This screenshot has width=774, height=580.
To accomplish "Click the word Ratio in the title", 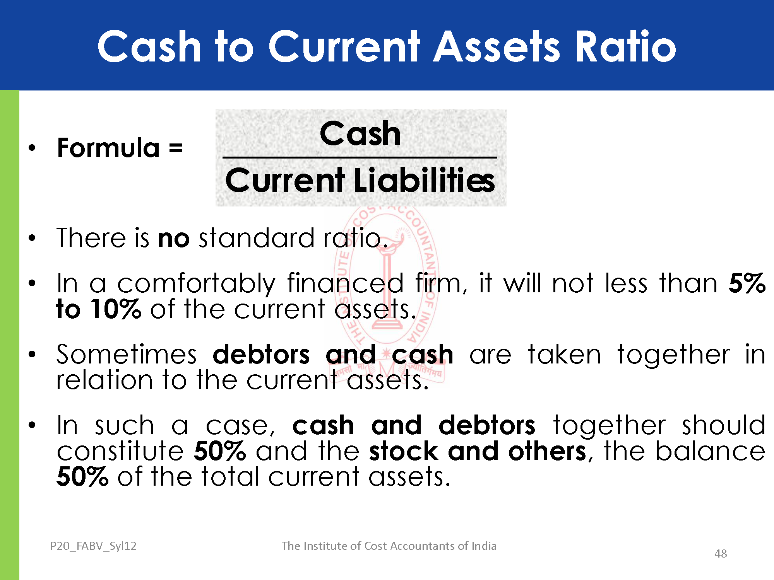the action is pyautogui.click(x=626, y=46).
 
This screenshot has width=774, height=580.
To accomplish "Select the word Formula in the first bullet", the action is pyautogui.click(x=108, y=148).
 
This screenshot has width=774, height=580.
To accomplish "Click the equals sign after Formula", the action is pyautogui.click(x=176, y=148).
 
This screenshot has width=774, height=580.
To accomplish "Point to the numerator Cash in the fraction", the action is pyautogui.click(x=360, y=133).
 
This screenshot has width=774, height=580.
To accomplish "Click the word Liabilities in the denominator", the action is pyautogui.click(x=425, y=180).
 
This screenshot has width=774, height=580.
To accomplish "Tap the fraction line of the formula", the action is pyautogui.click(x=360, y=157).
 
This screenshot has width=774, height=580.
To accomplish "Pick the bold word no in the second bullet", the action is pyautogui.click(x=174, y=239).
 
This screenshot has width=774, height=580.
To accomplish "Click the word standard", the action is pyautogui.click(x=256, y=237).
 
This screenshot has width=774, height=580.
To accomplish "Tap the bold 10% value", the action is pyautogui.click(x=116, y=309).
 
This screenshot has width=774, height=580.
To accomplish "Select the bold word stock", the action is pyautogui.click(x=404, y=451).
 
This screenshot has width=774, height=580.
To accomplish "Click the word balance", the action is pyautogui.click(x=710, y=451).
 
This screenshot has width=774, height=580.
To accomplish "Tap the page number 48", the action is pyautogui.click(x=721, y=554).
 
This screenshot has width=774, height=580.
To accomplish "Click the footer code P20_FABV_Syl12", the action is pyautogui.click(x=93, y=546).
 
